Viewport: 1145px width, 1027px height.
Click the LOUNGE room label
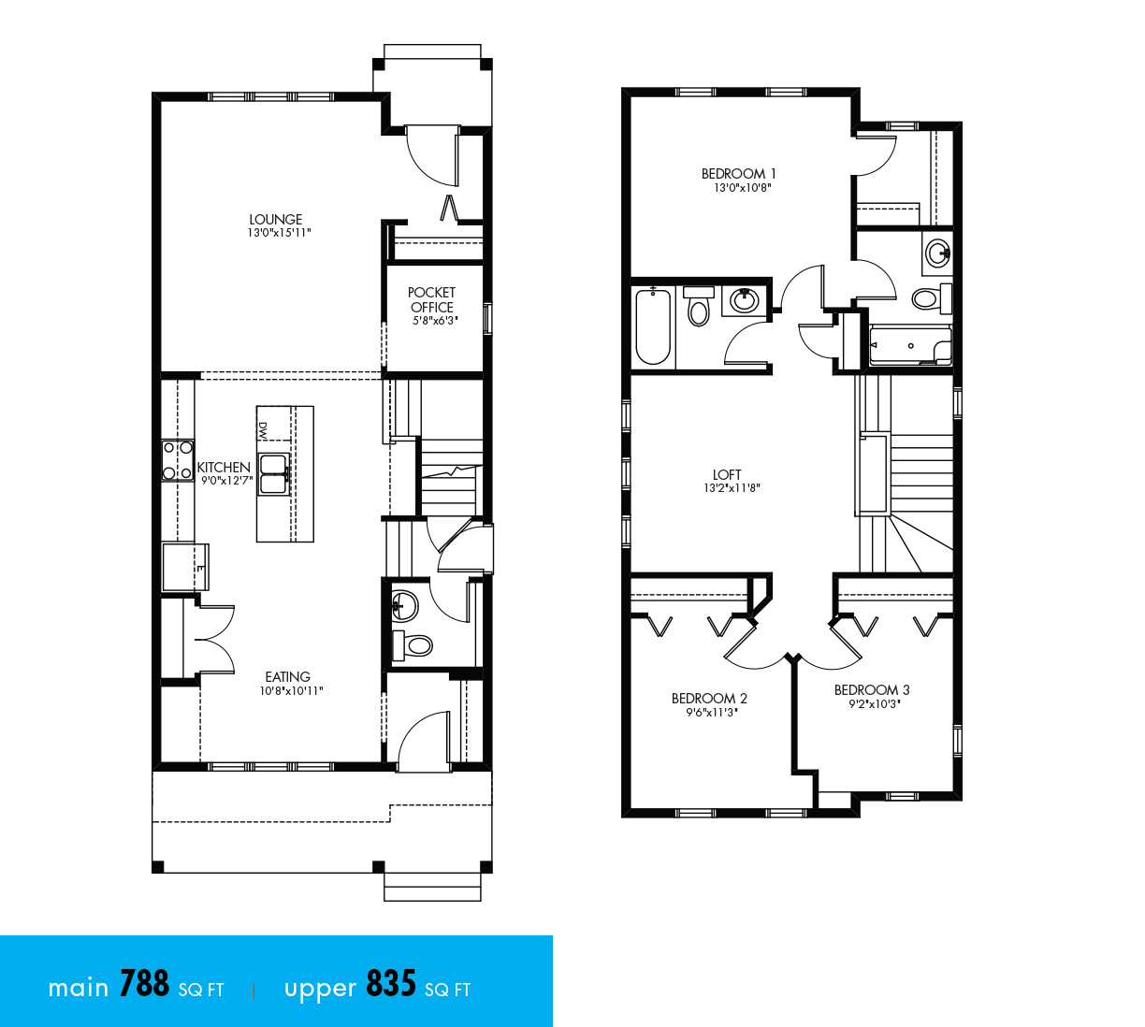[x=276, y=219]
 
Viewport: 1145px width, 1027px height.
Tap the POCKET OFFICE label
[x=431, y=299]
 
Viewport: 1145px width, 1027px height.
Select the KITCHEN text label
[x=224, y=467]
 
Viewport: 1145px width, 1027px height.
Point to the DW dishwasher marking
[x=263, y=430]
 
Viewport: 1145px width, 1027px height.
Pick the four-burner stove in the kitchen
[x=177, y=460]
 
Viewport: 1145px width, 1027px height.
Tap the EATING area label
[x=287, y=676]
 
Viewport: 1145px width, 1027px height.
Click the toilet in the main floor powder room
[x=413, y=644]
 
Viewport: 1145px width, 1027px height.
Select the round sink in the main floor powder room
[x=405, y=604]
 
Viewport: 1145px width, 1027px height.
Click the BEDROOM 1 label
[x=738, y=173]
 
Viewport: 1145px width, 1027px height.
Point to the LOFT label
[x=727, y=474]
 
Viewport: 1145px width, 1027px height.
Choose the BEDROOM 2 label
[x=709, y=698]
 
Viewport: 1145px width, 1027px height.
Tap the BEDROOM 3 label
[x=872, y=689]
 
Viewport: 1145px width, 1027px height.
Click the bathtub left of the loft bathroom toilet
[x=653, y=326]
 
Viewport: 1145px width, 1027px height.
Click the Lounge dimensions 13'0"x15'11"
[x=279, y=233]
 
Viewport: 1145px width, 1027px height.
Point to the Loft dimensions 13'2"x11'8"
[x=732, y=488]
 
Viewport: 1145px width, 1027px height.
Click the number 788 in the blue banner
[x=144, y=985]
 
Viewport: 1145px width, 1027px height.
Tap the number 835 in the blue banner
[x=391, y=985]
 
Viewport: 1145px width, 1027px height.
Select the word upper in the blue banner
[x=320, y=990]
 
